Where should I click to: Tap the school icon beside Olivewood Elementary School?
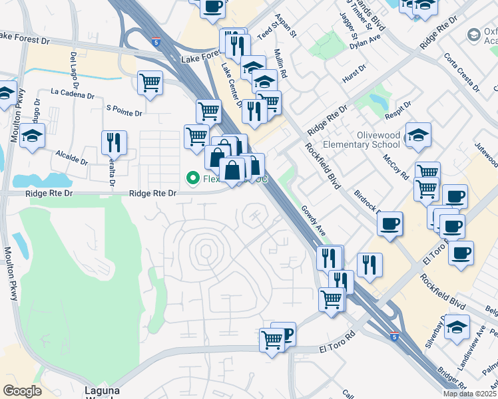coord(417,135)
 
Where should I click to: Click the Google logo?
coord(22,391)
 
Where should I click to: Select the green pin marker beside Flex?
coord(193,178)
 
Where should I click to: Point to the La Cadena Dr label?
coord(72,94)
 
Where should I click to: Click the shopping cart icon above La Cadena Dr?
coord(150,84)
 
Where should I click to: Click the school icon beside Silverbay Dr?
coord(457,327)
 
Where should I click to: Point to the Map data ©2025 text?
coord(469,394)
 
